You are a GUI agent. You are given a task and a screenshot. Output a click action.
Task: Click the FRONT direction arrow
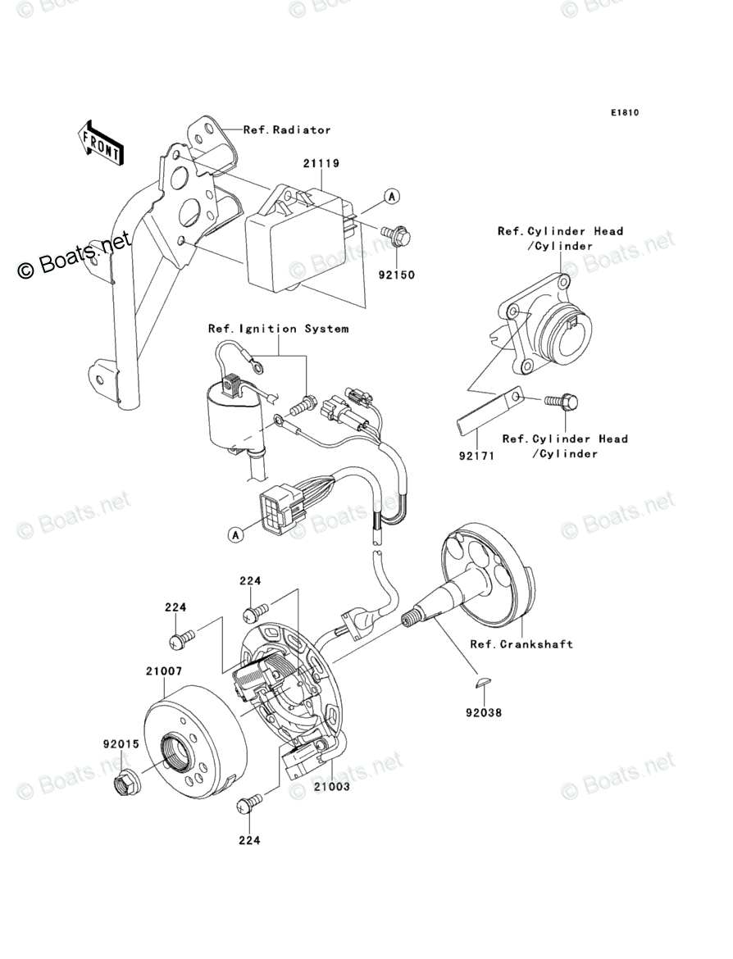[101, 141]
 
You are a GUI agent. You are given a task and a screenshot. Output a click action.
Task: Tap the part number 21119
[321, 163]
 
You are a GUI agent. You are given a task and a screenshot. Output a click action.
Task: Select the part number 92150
[396, 275]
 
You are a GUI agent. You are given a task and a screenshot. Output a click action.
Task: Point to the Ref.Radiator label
[287, 130]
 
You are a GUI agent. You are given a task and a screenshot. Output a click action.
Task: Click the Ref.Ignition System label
[278, 329]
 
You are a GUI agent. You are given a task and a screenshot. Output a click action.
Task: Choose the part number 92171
[476, 456]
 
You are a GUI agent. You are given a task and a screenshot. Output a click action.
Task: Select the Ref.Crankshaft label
[521, 644]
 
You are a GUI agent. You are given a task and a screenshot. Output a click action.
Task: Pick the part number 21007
[164, 670]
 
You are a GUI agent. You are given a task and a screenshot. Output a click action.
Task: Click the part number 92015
[120, 745]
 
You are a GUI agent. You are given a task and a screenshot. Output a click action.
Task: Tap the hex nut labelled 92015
[127, 784]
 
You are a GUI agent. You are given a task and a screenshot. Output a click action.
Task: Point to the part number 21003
[331, 786]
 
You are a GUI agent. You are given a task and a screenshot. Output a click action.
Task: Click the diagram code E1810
[623, 113]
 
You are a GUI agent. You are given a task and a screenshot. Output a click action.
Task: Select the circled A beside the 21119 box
[392, 196]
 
